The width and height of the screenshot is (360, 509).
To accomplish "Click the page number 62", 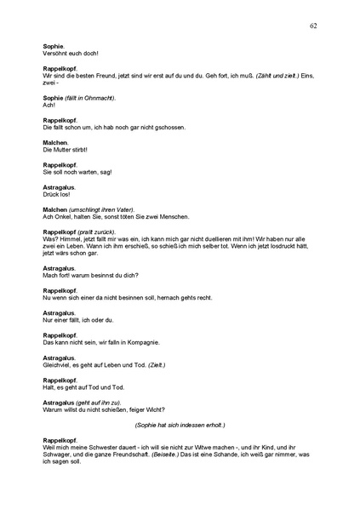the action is point(313,26).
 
